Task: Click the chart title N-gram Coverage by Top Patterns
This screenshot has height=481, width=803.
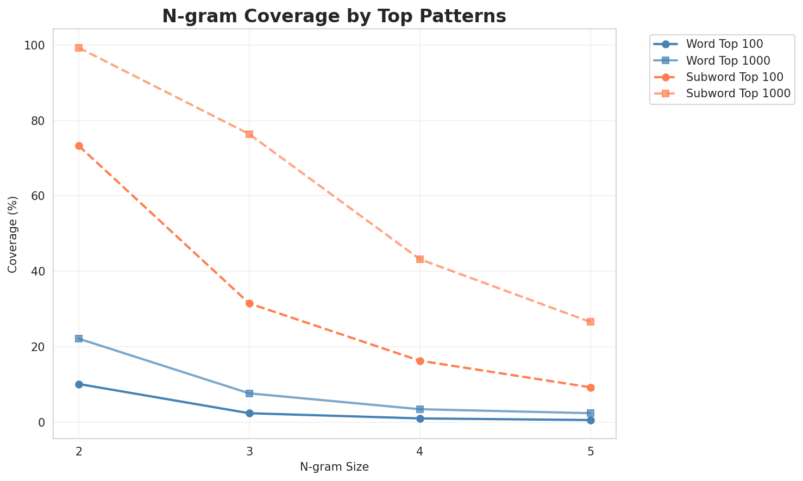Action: coord(334,16)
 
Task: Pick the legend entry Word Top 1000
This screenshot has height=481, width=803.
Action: coord(729,60)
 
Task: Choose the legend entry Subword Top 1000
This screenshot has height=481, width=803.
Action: coord(738,93)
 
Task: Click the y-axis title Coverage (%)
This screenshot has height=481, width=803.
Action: coord(12,234)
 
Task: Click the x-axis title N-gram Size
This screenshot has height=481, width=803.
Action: coord(334,467)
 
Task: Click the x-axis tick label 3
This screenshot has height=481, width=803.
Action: coord(249,451)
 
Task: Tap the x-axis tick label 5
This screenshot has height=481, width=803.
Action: coord(591,451)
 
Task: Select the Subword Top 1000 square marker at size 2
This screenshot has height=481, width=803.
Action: coord(79,48)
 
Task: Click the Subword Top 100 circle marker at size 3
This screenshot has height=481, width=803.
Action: coord(249,303)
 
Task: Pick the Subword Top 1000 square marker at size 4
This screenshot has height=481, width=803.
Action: coord(420,259)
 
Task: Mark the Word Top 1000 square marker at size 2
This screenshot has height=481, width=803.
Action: coord(79,339)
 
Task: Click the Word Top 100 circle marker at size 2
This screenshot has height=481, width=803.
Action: coord(79,384)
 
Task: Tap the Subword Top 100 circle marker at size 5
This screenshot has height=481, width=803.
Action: coord(591,388)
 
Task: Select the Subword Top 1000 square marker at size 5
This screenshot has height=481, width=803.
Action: coord(591,322)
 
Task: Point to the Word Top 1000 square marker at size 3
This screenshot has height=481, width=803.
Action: coord(249,393)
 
